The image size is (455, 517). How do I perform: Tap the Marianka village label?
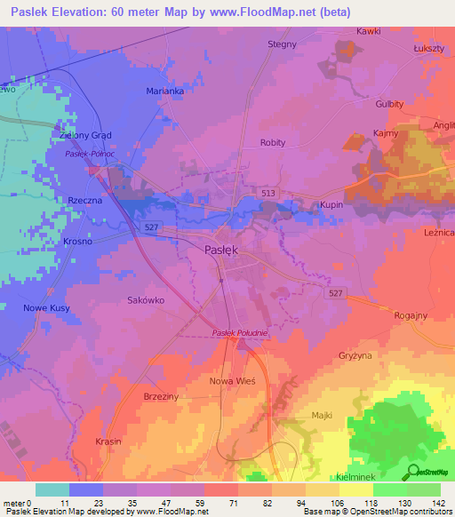point(164,91)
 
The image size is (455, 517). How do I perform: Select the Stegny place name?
point(283,44)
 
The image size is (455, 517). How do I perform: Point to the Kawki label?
point(368,31)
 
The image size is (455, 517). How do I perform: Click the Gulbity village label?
point(389,104)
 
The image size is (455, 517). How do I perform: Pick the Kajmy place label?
point(385,133)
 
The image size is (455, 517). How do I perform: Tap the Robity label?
point(273,142)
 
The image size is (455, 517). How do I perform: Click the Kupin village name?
point(331,205)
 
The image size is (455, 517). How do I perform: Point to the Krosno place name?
point(78,242)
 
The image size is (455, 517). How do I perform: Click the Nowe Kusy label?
point(43,307)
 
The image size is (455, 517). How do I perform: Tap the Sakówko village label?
point(146,300)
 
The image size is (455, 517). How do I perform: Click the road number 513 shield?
point(267,191)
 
